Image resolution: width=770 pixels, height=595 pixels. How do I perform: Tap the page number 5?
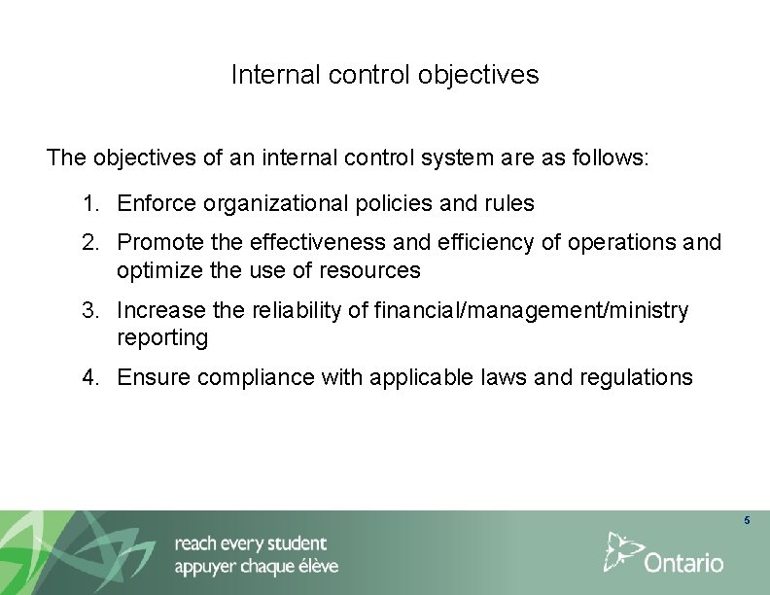point(747,522)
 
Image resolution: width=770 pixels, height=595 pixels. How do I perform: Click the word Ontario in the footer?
point(684,563)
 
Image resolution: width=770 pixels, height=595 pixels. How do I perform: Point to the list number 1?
point(90,204)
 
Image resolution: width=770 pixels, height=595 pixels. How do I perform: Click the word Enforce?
point(156,204)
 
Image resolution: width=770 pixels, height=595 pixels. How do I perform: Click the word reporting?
point(162,338)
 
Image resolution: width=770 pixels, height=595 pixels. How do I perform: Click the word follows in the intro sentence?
point(613,157)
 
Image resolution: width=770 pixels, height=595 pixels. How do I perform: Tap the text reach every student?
point(251,543)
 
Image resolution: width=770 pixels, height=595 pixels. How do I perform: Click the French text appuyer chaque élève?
point(257,567)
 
